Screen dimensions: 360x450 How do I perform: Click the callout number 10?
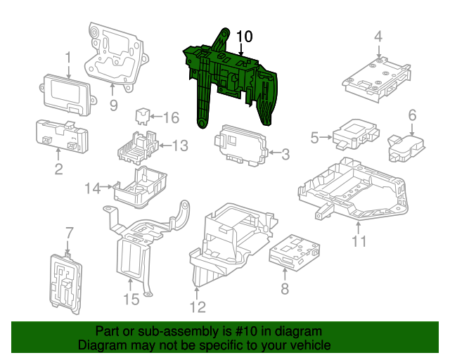[x=243, y=36]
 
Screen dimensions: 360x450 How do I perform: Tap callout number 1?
[x=68, y=57]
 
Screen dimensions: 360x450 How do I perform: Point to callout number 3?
[x=285, y=153]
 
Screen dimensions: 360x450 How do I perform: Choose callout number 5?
[x=316, y=138]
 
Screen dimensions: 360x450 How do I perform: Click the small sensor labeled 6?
[x=403, y=145]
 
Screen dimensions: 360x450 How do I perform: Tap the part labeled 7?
[x=67, y=278]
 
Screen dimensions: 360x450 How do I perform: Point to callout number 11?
[x=359, y=242]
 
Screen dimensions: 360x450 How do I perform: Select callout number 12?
[x=198, y=307]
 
